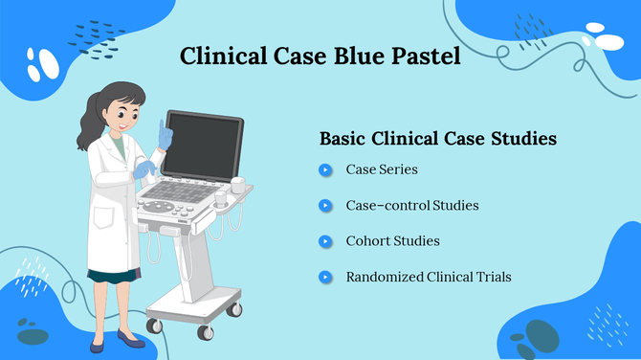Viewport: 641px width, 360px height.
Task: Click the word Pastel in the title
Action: coord(418,56)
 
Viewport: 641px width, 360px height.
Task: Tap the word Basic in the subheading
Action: coord(343,138)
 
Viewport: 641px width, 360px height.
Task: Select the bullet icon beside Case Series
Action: coord(326,170)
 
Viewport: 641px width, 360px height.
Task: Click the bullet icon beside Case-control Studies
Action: coord(326,206)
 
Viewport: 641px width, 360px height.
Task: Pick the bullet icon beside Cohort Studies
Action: coord(326,241)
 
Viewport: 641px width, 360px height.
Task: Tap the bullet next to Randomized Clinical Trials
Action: coord(326,278)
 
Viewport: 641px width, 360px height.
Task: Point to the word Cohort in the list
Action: coord(367,241)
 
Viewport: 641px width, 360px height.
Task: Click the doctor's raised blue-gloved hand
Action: coord(166,133)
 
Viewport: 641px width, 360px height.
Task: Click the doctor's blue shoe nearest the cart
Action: coord(130,342)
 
